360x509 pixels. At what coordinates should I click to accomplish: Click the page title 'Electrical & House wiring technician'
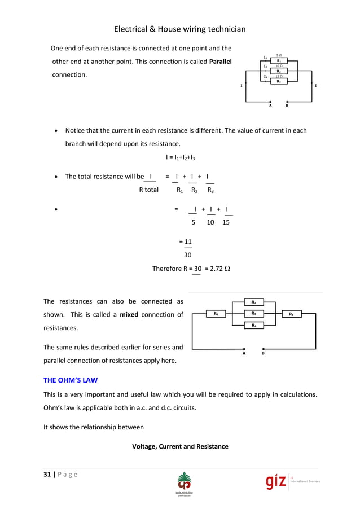coord(179,29)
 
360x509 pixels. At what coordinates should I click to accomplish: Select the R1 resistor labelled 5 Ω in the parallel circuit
coord(279,60)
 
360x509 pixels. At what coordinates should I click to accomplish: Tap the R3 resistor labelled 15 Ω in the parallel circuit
coord(279,81)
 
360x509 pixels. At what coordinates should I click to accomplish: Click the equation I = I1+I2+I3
coord(180,157)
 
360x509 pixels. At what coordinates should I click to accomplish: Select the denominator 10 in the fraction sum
coord(210,223)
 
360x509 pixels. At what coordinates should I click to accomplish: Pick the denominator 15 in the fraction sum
coord(226,223)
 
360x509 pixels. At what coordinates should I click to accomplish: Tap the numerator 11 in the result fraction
coord(188,242)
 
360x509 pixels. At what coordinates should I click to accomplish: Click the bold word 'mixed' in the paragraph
coord(129,314)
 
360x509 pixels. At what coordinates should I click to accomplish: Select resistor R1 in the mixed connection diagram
coord(217,314)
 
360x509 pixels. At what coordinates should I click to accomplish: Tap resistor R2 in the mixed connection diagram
coord(254,302)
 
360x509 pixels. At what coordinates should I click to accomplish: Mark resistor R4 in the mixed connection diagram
coord(254,326)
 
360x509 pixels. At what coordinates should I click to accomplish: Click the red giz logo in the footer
coord(276,481)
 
